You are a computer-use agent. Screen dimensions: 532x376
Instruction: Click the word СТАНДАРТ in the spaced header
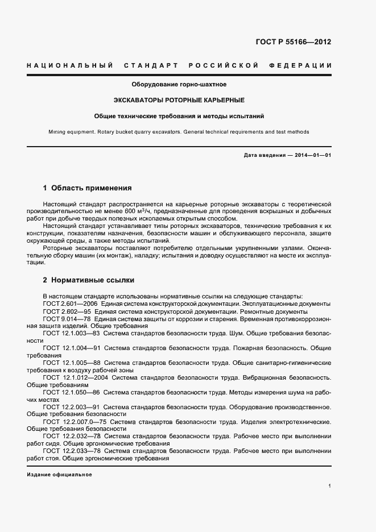[149, 65]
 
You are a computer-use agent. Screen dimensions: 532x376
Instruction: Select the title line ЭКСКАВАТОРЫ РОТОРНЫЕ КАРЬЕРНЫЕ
[179, 100]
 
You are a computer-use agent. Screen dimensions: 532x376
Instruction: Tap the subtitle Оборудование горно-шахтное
[179, 84]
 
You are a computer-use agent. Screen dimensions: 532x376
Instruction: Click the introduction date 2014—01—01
[312, 155]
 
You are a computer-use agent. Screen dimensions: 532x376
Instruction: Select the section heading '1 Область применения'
[88, 188]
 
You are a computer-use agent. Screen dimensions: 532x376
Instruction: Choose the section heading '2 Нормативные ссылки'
[88, 280]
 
